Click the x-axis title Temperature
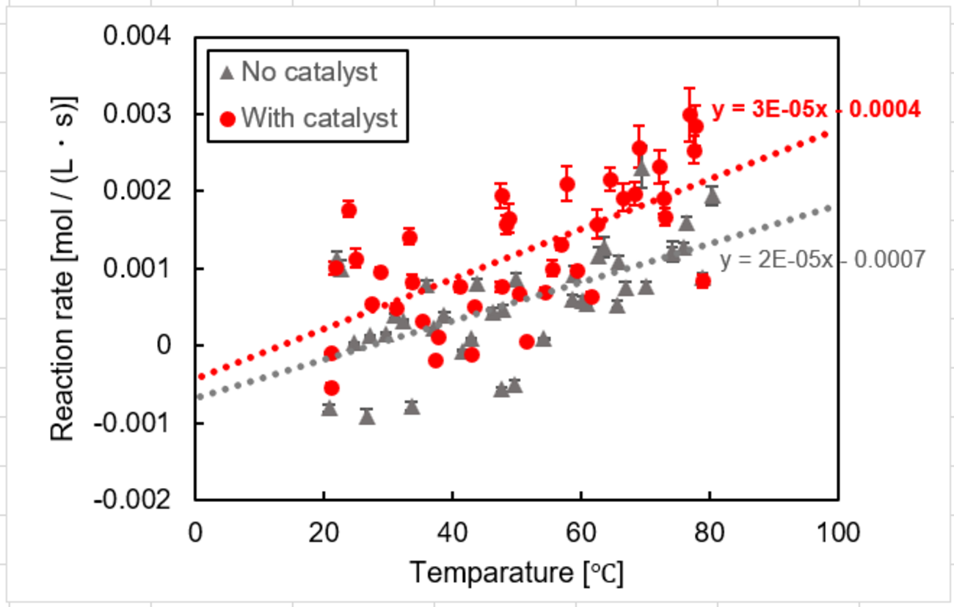tap(517, 573)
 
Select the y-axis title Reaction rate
tap(64, 268)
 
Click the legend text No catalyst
tap(309, 72)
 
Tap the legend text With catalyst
tap(318, 117)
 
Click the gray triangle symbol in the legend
tap(227, 73)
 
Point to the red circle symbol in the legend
tap(227, 118)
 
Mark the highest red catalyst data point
tap(691, 115)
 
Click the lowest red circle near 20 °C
tap(332, 388)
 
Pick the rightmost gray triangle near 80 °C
tap(712, 197)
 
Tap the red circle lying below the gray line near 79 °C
tap(703, 281)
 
